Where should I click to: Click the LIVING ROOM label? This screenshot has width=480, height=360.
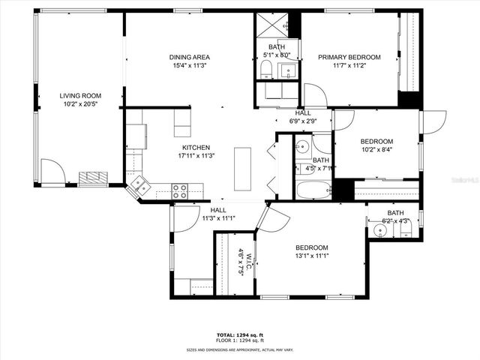pyautogui.click(x=80, y=96)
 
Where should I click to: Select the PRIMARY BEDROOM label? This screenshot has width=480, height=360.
pyautogui.click(x=349, y=57)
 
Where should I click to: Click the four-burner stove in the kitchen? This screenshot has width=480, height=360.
pyautogui.click(x=180, y=191)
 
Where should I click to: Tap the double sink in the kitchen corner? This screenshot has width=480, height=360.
pyautogui.click(x=138, y=183)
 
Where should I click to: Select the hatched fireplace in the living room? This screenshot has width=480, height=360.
pyautogui.click(x=94, y=178)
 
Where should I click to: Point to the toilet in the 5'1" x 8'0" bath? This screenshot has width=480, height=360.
pyautogui.click(x=265, y=70)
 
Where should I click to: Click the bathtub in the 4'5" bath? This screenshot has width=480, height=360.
pyautogui.click(x=313, y=190)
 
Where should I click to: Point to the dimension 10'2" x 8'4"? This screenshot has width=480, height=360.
pyautogui.click(x=376, y=149)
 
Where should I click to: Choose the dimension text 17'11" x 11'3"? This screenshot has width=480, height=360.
pyautogui.click(x=196, y=156)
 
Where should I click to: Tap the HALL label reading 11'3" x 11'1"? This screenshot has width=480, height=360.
pyautogui.click(x=218, y=218)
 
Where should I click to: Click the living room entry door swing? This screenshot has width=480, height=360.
pyautogui.click(x=52, y=172)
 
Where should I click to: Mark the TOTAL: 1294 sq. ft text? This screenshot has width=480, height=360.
pyautogui.click(x=239, y=334)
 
